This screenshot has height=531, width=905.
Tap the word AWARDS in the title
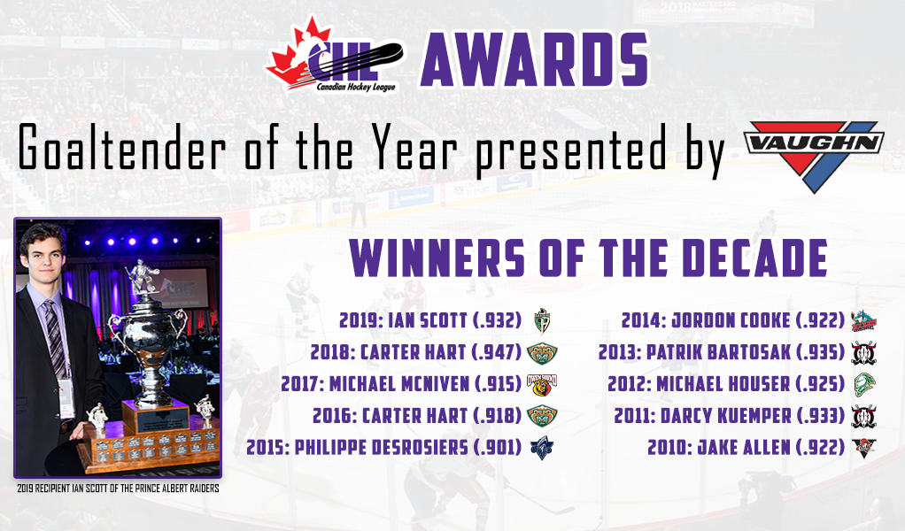click(x=535, y=59)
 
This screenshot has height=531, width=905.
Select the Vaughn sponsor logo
click(x=813, y=156)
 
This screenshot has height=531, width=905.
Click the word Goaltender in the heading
click(x=122, y=148)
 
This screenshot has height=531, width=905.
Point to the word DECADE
click(x=755, y=258)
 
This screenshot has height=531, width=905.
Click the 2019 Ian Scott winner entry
click(x=430, y=320)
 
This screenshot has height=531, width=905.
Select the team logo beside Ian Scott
click(x=542, y=321)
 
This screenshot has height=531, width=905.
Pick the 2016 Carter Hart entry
click(x=417, y=416)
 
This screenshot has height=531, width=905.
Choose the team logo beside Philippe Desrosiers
click(x=542, y=448)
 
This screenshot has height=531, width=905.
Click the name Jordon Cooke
click(x=731, y=320)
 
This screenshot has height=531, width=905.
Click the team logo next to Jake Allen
click(x=863, y=448)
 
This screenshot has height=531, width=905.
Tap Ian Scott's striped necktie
click(x=56, y=339)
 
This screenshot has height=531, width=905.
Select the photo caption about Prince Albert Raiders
click(x=118, y=489)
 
